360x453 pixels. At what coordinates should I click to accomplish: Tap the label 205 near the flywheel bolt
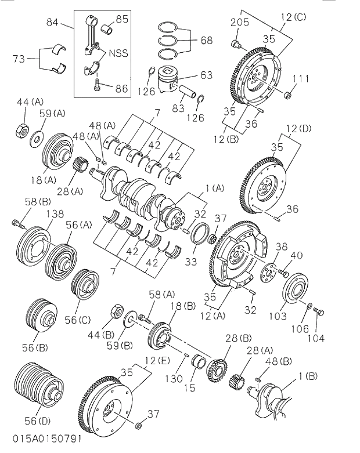(239, 23)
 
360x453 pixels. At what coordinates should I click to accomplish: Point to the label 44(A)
(30, 102)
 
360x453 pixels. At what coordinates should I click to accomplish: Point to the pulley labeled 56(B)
(41, 317)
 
